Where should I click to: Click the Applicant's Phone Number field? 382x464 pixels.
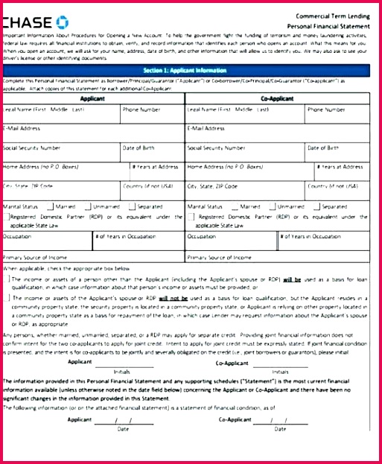click(152, 115)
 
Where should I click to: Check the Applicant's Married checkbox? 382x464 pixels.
click(50, 206)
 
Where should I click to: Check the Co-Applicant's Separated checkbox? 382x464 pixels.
click(316, 206)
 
